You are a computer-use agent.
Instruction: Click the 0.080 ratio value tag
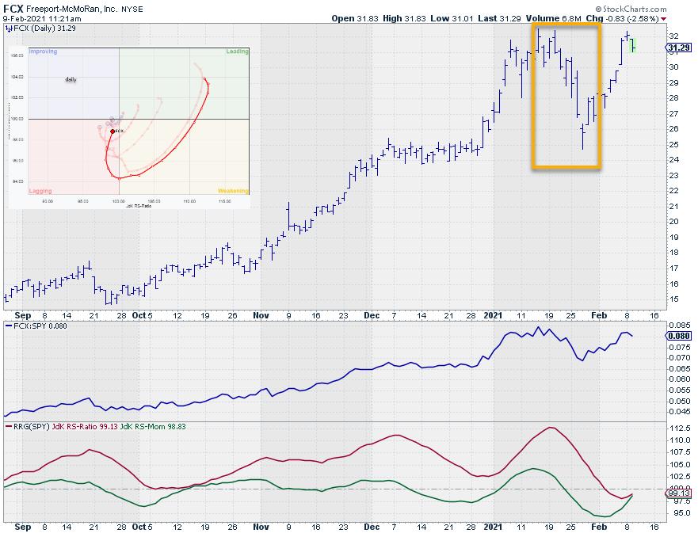click(680, 336)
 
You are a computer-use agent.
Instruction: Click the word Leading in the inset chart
click(237, 51)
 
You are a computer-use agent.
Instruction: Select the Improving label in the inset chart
click(43, 51)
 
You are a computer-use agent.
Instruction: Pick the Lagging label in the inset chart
click(40, 191)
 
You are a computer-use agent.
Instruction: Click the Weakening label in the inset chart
click(233, 191)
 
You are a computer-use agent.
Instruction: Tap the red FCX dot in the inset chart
click(112, 131)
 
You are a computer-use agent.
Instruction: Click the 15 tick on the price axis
click(673, 299)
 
